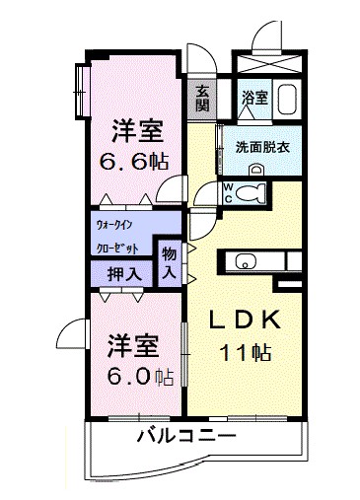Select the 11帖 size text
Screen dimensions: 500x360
pos(248,350)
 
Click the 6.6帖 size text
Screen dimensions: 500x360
pos(137,162)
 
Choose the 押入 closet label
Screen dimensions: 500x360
pos(121,271)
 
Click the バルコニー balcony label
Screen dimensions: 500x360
pos(185,434)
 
